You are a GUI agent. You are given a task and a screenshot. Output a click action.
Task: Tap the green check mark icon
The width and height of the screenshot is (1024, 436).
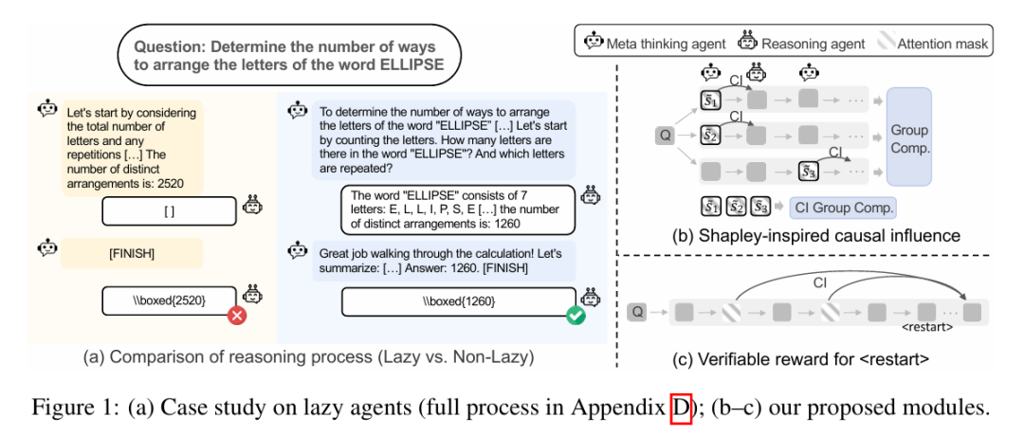(x=575, y=317)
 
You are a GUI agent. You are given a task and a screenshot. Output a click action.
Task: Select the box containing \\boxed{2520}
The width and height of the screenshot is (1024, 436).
(x=169, y=300)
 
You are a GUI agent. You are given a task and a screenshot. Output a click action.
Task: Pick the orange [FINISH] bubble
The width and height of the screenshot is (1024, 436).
(x=132, y=254)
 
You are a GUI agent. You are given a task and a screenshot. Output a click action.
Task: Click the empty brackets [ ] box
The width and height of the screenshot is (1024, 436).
(x=169, y=211)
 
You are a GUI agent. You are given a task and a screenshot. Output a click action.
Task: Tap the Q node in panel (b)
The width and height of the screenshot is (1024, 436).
(x=666, y=136)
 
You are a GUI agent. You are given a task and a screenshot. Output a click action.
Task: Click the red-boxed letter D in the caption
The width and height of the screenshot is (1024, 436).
(x=681, y=409)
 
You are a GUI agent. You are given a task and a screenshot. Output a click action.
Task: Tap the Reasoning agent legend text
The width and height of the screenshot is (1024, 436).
(x=813, y=44)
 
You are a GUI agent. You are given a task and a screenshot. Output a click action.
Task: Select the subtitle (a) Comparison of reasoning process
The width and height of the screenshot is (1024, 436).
(x=309, y=357)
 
